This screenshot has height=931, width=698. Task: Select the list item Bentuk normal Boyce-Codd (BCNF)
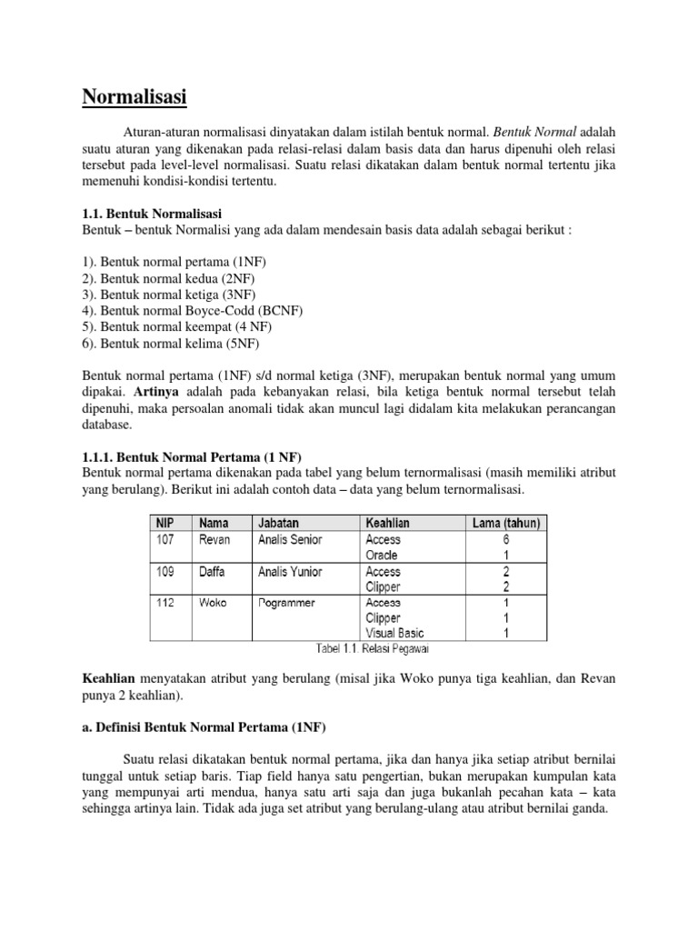[x=193, y=311]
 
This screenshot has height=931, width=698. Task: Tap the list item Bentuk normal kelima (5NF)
[x=172, y=344]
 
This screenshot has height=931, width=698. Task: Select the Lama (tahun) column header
[x=504, y=523]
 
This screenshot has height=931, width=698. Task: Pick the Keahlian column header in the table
[x=386, y=523]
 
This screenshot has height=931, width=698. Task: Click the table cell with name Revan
[x=215, y=539]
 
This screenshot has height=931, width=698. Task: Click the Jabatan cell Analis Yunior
[x=290, y=572]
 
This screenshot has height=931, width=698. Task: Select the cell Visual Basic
[x=394, y=633]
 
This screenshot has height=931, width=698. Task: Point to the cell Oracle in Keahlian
[x=382, y=555]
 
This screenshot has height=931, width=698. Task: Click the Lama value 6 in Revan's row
[x=505, y=539]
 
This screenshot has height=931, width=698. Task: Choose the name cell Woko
[x=214, y=602]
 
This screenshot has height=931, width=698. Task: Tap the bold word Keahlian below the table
[x=109, y=678]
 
